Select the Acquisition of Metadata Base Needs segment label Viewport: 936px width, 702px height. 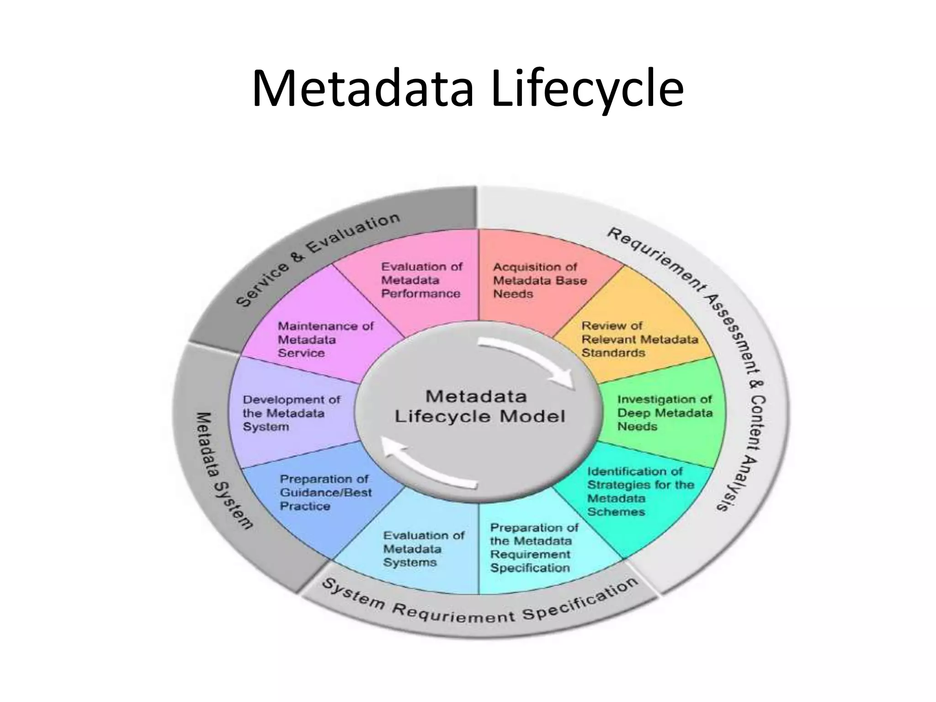click(539, 280)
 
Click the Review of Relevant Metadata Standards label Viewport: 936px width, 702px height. click(639, 339)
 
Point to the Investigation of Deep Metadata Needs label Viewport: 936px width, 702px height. click(665, 413)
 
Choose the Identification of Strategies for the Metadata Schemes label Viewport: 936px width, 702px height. click(640, 491)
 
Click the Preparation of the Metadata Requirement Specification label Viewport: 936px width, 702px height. click(533, 548)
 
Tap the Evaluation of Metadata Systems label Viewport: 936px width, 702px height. click(423, 548)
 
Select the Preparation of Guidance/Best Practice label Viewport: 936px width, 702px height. click(325, 492)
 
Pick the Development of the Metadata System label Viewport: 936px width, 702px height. click(291, 413)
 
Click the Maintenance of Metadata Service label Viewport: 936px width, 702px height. click(325, 339)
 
